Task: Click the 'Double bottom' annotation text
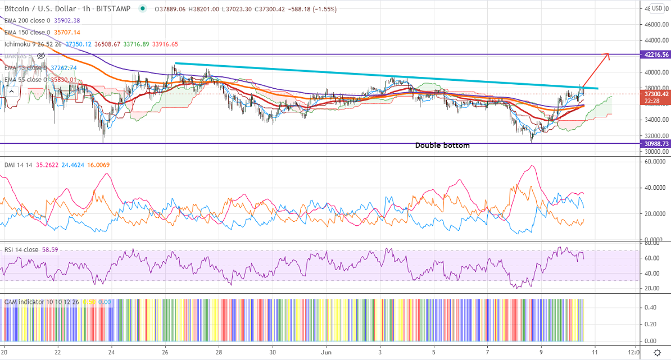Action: point(442,145)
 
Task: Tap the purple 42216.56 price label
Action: point(655,54)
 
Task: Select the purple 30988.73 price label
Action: point(655,144)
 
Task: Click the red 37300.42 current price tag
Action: point(655,94)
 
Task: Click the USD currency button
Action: point(657,8)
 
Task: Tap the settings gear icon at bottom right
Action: point(657,352)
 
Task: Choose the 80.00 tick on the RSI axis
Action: point(652,244)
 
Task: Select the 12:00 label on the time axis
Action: point(633,352)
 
